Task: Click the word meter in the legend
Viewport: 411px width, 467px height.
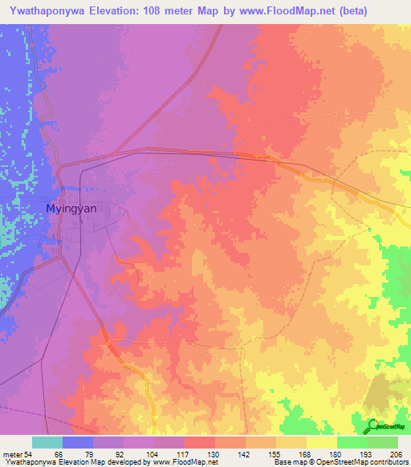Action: tap(10, 454)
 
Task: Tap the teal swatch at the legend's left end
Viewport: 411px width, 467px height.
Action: tap(47, 442)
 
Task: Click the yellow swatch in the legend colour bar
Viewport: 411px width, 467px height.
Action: tap(320, 442)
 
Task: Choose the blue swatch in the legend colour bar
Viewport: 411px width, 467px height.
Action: tap(78, 442)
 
